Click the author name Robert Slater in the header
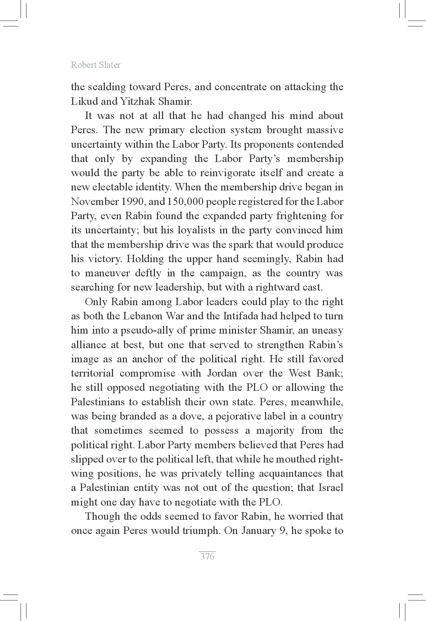point(96,65)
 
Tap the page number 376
point(207,556)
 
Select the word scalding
point(105,87)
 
